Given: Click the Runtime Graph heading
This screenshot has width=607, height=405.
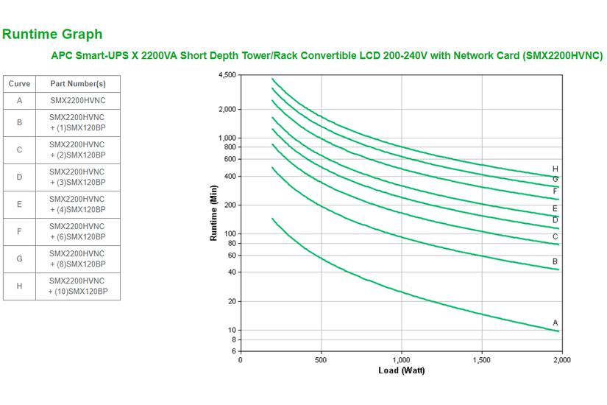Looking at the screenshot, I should (x=52, y=34).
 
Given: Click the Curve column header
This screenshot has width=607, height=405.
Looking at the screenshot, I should (x=19, y=84).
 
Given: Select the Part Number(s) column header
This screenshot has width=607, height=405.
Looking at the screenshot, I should (x=77, y=84).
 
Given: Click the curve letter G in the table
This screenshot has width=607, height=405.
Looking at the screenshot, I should (x=19, y=259).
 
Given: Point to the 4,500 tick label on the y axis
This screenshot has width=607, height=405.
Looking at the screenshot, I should (x=227, y=75).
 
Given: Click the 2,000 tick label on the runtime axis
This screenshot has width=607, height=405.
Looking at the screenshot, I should (x=227, y=109).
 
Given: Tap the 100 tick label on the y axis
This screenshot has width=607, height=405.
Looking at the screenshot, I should (x=230, y=234).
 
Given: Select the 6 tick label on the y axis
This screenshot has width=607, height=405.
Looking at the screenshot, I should (x=234, y=351).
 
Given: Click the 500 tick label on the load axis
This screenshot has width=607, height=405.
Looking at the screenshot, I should (x=321, y=360).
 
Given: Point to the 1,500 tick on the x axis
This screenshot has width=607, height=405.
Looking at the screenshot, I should (x=481, y=360).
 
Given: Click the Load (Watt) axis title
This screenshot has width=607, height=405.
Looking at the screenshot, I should (x=401, y=370).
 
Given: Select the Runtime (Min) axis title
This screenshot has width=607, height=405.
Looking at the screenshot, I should (x=214, y=214).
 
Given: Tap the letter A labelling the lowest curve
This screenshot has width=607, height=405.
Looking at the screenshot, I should (x=555, y=323).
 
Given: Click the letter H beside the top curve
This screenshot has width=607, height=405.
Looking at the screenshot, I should (x=555, y=169).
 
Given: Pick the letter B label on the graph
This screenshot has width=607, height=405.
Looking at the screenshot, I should (x=555, y=261).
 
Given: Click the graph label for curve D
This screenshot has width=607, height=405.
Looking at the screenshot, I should (x=555, y=219).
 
